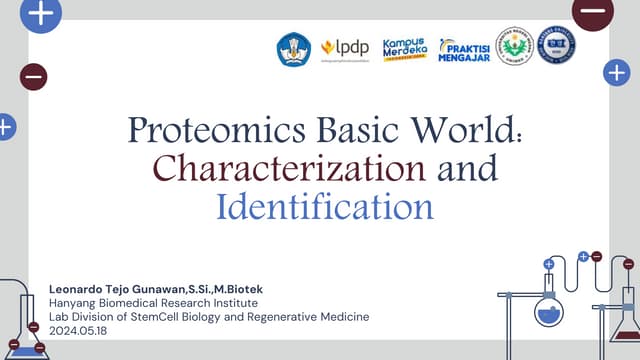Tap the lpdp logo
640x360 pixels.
(344, 48)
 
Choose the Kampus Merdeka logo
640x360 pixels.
(405, 48)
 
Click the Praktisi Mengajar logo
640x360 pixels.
(463, 50)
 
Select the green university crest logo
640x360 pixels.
(514, 45)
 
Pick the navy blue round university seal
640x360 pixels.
(556, 45)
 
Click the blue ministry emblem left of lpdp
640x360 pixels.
(293, 49)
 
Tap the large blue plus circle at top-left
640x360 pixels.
(41, 13)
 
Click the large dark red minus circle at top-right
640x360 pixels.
(592, 12)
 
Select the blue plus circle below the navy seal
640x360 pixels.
(616, 72)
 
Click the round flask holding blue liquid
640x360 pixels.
(548, 313)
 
